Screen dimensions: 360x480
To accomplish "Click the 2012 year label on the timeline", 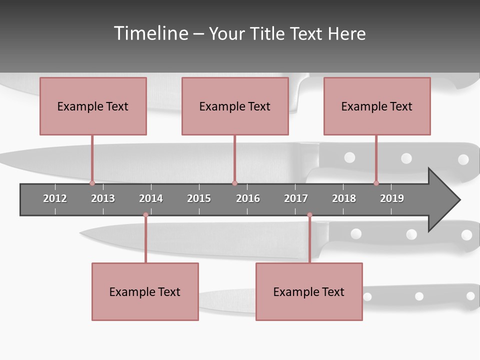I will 55,198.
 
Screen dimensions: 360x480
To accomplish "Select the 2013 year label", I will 103,198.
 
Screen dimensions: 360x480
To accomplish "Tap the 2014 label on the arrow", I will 151,198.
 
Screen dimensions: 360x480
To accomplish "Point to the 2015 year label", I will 199,198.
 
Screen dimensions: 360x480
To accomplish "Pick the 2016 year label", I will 248,198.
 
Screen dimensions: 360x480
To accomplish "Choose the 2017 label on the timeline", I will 296,198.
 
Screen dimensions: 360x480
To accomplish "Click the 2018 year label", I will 344,198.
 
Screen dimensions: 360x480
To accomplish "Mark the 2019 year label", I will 392,198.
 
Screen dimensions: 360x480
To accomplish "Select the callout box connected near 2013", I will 93,106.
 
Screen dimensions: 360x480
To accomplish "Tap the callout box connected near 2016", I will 235,106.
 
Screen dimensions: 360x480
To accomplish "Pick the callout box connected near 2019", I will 377,106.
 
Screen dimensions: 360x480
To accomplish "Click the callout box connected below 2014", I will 145,291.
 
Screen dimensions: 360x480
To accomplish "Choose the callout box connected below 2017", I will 309,291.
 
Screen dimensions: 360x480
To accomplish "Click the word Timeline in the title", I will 150,33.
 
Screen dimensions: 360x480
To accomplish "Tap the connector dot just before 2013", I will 92,183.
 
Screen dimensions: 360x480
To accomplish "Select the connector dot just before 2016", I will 234,183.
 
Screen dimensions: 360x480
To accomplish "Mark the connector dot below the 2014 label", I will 145,215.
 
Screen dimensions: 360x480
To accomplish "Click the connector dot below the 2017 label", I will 309,215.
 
